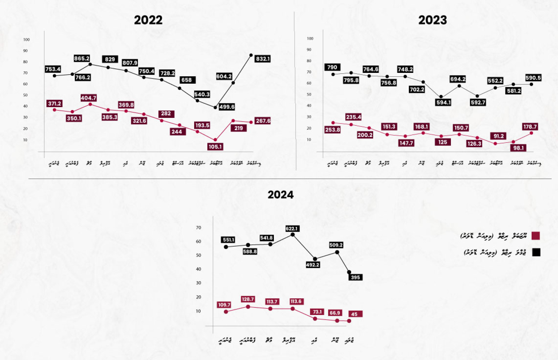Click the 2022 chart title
click(148, 20)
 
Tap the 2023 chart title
click(432, 20)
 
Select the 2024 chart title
click(280, 195)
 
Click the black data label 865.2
click(81, 58)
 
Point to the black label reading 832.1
click(263, 59)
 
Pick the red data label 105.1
click(215, 147)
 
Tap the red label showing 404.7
click(89, 98)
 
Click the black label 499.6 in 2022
click(227, 107)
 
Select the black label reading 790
click(332, 67)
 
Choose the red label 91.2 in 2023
click(498, 136)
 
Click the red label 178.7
click(530, 127)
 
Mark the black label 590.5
click(533, 78)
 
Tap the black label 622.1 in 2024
click(292, 229)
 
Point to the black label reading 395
click(355, 277)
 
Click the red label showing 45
click(355, 314)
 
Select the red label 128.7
click(248, 299)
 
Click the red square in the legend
click(536, 236)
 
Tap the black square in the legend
click(536, 253)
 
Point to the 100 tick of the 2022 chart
click(26, 39)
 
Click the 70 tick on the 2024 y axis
click(199, 228)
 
